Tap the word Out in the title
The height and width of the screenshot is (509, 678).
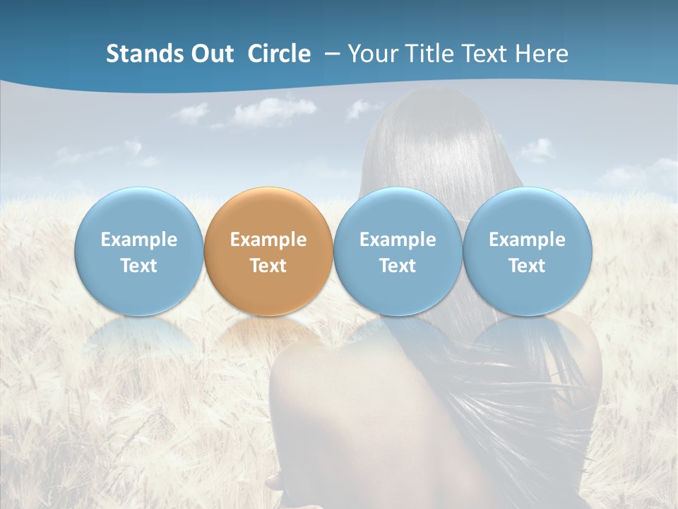[x=213, y=54]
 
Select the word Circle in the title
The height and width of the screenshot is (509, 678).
[x=279, y=54]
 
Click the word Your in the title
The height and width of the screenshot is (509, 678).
[x=371, y=54]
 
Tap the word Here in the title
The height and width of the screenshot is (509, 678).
[x=542, y=54]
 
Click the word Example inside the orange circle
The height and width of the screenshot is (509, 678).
[x=268, y=240]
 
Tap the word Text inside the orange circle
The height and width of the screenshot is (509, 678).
[x=268, y=266]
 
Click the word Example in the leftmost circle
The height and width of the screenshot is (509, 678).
[x=139, y=240]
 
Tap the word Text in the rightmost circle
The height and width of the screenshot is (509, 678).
[x=528, y=266]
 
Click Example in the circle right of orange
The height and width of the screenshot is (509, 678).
[x=398, y=240]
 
